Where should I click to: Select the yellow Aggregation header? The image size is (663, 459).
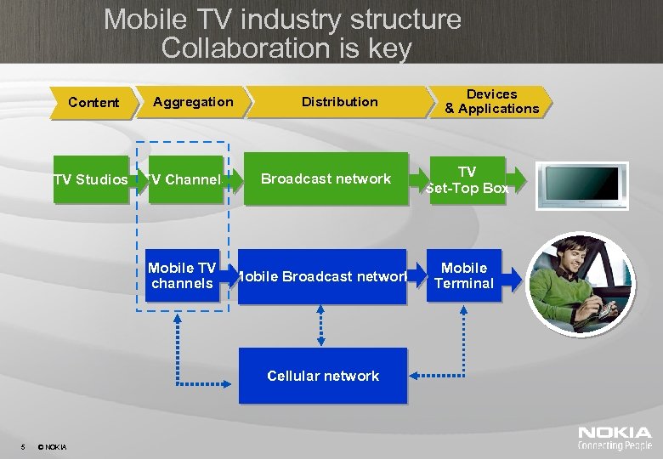click(x=194, y=102)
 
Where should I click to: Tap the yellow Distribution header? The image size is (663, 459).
click(x=339, y=102)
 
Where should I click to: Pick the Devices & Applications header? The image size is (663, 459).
click(x=491, y=101)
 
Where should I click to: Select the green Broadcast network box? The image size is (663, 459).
click(x=326, y=178)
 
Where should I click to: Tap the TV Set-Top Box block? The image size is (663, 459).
click(x=467, y=179)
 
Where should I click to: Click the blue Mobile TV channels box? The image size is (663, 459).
click(x=180, y=275)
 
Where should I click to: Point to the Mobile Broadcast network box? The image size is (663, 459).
click(x=322, y=276)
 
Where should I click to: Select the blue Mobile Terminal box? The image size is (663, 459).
click(x=463, y=275)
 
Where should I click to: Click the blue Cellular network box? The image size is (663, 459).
click(x=323, y=376)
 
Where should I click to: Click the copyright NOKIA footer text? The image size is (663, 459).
click(x=54, y=447)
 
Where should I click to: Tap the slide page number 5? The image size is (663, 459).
click(x=23, y=447)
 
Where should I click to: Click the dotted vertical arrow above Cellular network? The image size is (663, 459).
click(x=321, y=326)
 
